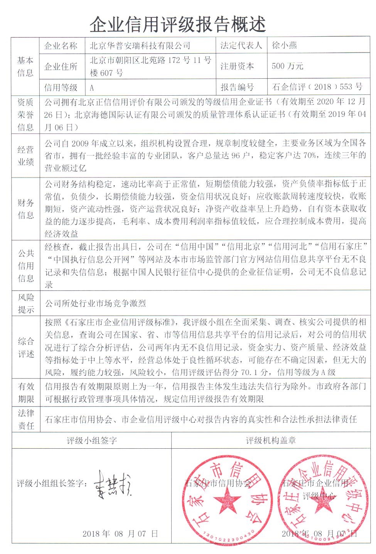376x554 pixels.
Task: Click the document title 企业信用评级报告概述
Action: (x=178, y=25)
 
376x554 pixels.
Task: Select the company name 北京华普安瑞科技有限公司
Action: (x=140, y=46)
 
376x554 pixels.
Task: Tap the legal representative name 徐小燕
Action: (x=284, y=46)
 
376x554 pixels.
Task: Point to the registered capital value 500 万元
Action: (x=287, y=66)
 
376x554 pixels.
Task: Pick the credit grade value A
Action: (x=92, y=88)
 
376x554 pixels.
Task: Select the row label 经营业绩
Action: (x=25, y=155)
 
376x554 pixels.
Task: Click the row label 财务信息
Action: (x=25, y=209)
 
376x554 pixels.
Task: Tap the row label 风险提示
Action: (x=25, y=303)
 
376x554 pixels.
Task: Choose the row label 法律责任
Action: (x=25, y=419)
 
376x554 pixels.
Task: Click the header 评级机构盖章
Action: (x=271, y=440)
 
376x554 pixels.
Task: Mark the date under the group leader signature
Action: (x=120, y=534)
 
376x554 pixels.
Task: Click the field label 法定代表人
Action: (x=241, y=46)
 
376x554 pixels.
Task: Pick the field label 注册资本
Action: (x=237, y=66)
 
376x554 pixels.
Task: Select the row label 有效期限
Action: (x=25, y=392)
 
